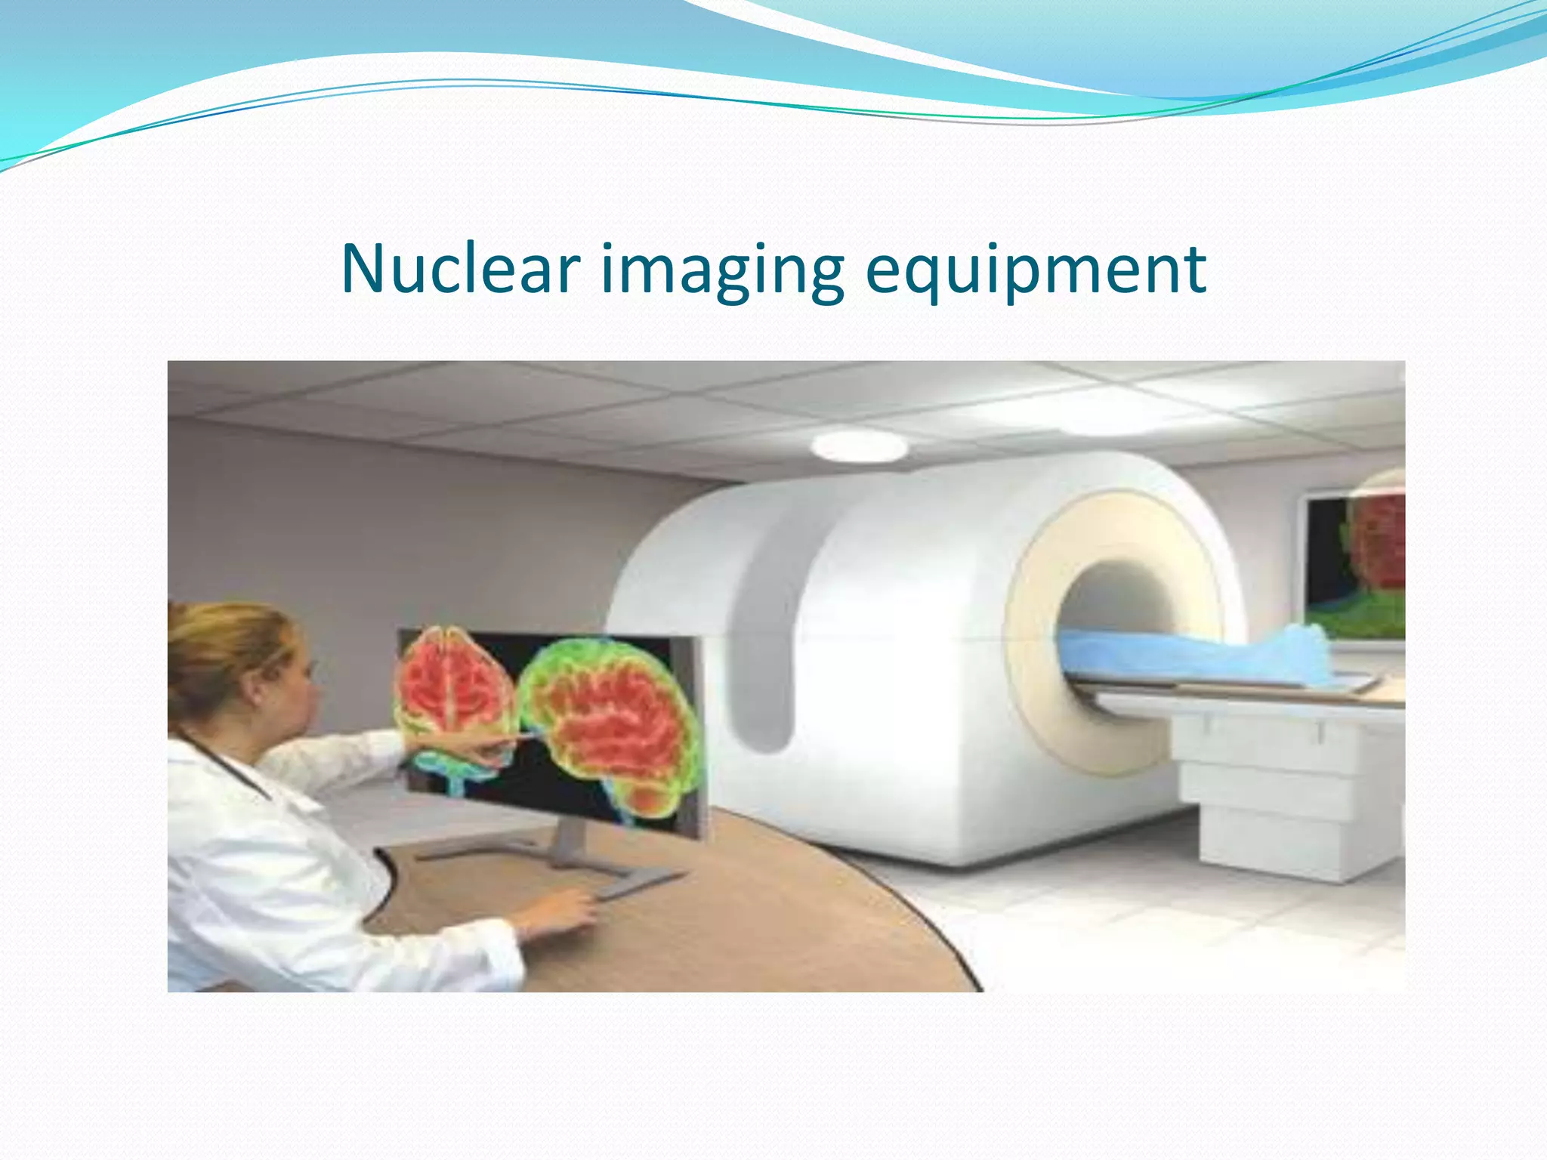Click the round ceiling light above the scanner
point(859,447)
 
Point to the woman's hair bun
point(189,642)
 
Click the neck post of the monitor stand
point(570,838)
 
